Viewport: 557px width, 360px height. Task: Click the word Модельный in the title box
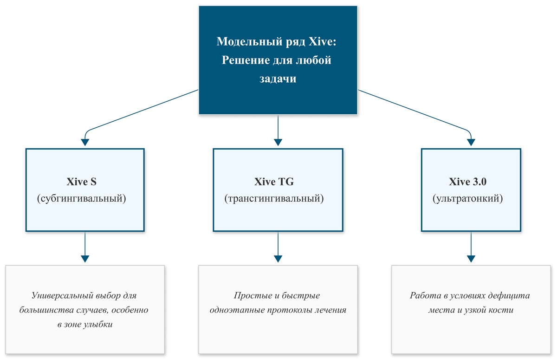pos(249,41)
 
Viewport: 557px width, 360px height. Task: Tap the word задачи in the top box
pos(278,79)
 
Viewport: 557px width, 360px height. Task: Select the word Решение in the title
pos(244,60)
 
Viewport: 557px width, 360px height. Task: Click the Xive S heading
pos(81,182)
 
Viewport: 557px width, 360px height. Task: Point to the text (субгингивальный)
pos(82,198)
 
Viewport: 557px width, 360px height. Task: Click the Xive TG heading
pos(274,182)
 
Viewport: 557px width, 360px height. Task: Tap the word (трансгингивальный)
pos(274,198)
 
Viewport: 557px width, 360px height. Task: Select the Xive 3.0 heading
pos(467,182)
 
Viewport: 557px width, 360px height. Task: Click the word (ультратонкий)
pos(467,198)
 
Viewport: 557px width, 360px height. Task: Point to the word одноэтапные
pos(237,310)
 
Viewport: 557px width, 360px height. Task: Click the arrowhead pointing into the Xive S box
pos(85,142)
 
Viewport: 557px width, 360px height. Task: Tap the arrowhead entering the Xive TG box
pos(278,142)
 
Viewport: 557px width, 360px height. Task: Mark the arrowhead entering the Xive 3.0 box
pos(471,142)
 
